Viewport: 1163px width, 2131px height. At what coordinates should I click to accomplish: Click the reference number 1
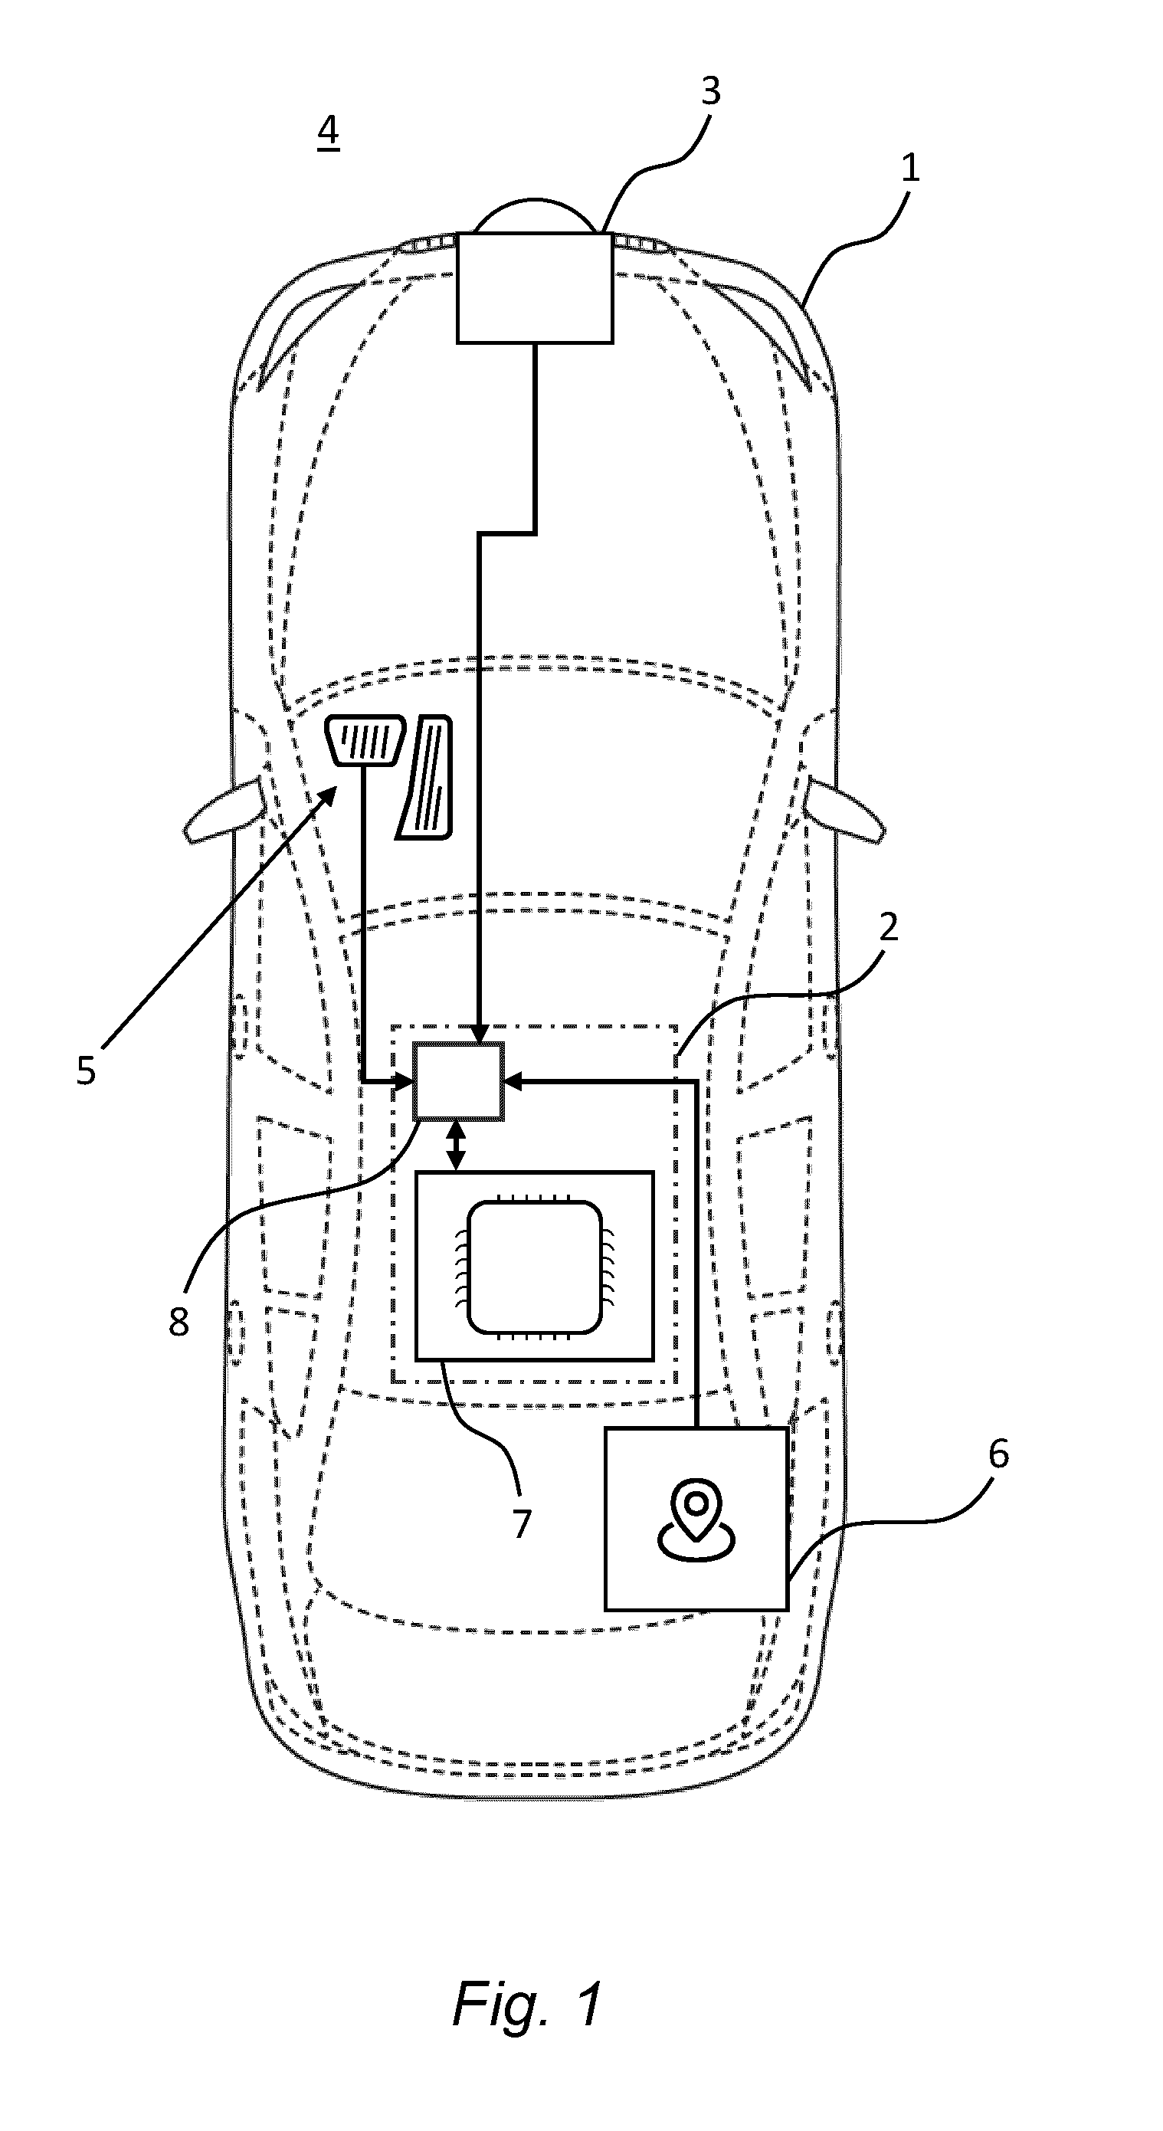point(910,169)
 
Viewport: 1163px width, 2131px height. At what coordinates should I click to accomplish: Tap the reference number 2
point(889,928)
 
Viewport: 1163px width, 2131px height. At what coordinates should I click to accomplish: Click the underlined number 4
point(329,132)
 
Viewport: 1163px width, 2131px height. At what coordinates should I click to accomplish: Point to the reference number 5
point(86,1070)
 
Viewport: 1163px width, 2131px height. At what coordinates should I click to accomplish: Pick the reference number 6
point(998,1454)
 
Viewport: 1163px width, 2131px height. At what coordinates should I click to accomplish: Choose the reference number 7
point(521,1524)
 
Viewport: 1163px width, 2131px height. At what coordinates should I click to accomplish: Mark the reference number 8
point(179,1322)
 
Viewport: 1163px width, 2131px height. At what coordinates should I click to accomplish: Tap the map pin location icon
point(696,1520)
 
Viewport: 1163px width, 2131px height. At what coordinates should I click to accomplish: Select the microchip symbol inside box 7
point(534,1267)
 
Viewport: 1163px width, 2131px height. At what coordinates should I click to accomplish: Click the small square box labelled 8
point(458,1081)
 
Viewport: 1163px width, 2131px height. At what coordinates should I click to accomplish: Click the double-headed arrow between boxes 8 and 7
point(456,1146)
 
